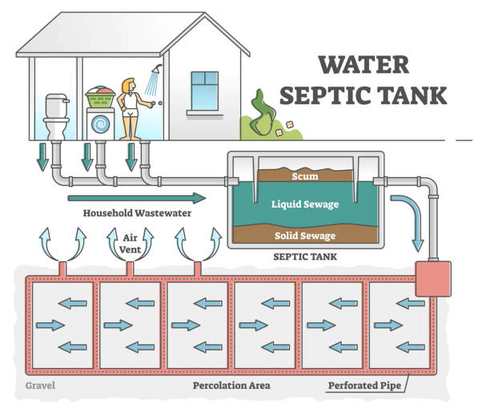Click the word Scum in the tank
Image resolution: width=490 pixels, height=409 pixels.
[304, 176]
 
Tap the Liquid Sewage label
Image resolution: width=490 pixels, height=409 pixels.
[304, 204]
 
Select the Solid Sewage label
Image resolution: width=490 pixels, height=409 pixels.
[304, 236]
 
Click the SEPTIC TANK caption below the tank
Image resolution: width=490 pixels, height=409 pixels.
[304, 258]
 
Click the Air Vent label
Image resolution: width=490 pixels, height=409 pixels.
[131, 243]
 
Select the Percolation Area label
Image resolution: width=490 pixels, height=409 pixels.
[231, 386]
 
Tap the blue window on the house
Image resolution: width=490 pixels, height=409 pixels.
[204, 90]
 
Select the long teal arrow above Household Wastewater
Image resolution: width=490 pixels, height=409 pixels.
[136, 197]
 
